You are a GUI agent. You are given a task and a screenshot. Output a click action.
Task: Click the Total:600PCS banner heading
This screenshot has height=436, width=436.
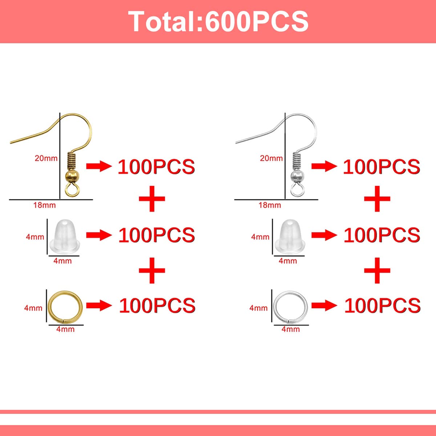218,21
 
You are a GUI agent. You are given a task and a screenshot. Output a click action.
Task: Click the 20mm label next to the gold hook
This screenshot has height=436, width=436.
46,158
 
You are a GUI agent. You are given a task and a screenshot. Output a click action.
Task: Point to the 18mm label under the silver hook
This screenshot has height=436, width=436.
270,205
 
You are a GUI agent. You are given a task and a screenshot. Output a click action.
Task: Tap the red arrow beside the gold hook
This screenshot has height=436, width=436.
99,166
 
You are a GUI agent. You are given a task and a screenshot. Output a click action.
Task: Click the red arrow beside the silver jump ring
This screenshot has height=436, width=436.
324,306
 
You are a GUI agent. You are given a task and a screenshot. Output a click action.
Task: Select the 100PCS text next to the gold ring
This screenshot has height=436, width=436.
157,306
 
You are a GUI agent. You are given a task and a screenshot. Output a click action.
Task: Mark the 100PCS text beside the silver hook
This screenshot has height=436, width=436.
381,167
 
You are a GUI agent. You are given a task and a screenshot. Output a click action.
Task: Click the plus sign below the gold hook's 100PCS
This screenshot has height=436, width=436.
152,199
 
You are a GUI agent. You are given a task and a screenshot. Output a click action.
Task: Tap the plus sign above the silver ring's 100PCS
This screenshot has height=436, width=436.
377,270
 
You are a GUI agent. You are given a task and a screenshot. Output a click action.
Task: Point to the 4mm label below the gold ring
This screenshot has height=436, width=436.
65,329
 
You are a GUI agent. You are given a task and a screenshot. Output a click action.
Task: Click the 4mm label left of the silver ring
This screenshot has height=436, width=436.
258,308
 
